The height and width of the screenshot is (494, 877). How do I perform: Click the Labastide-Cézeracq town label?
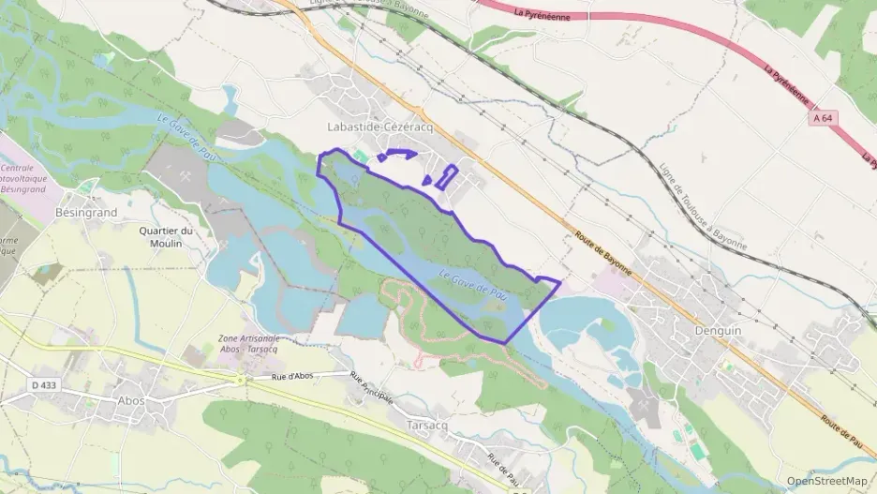pos(372,127)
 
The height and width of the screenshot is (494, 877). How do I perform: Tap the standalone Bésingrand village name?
pos(85,213)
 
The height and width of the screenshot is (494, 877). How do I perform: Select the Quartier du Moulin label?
pos(166,237)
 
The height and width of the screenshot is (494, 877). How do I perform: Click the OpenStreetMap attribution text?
pos(826,481)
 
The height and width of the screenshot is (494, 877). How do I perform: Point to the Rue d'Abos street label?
pos(291,375)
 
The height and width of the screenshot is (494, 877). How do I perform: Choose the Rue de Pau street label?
pos(503,469)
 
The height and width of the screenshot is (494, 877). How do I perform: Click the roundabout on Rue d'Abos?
pos(241,380)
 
